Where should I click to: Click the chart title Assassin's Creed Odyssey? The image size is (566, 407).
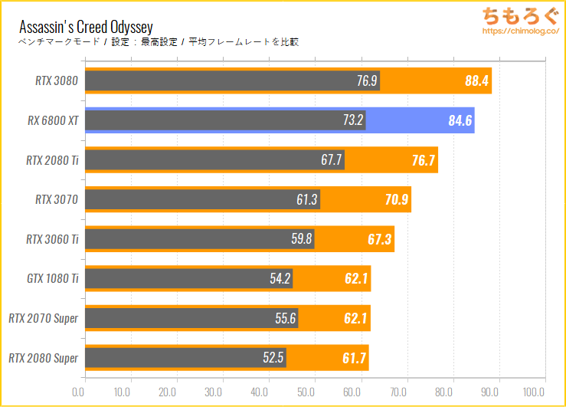(x=86, y=27)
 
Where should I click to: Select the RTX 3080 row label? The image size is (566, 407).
(x=57, y=80)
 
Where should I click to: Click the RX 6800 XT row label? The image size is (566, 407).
(x=55, y=120)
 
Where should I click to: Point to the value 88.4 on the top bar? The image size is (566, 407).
(x=476, y=80)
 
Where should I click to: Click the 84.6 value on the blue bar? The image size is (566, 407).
(x=460, y=120)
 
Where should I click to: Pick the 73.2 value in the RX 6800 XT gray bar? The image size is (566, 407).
(x=351, y=120)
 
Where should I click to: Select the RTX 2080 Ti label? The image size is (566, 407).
(x=52, y=160)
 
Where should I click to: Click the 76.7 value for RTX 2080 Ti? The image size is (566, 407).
(x=422, y=160)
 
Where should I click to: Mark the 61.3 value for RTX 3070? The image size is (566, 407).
(x=306, y=200)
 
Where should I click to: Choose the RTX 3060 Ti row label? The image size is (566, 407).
(x=52, y=239)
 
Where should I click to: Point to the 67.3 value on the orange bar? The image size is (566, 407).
(x=379, y=239)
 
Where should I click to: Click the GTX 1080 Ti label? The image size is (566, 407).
(x=53, y=279)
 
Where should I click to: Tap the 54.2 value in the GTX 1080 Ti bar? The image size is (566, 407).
(x=280, y=279)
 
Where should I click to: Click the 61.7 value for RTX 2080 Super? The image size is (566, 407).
(x=354, y=358)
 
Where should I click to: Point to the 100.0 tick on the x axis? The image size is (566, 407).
(x=545, y=391)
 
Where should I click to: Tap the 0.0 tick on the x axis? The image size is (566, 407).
(x=78, y=391)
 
